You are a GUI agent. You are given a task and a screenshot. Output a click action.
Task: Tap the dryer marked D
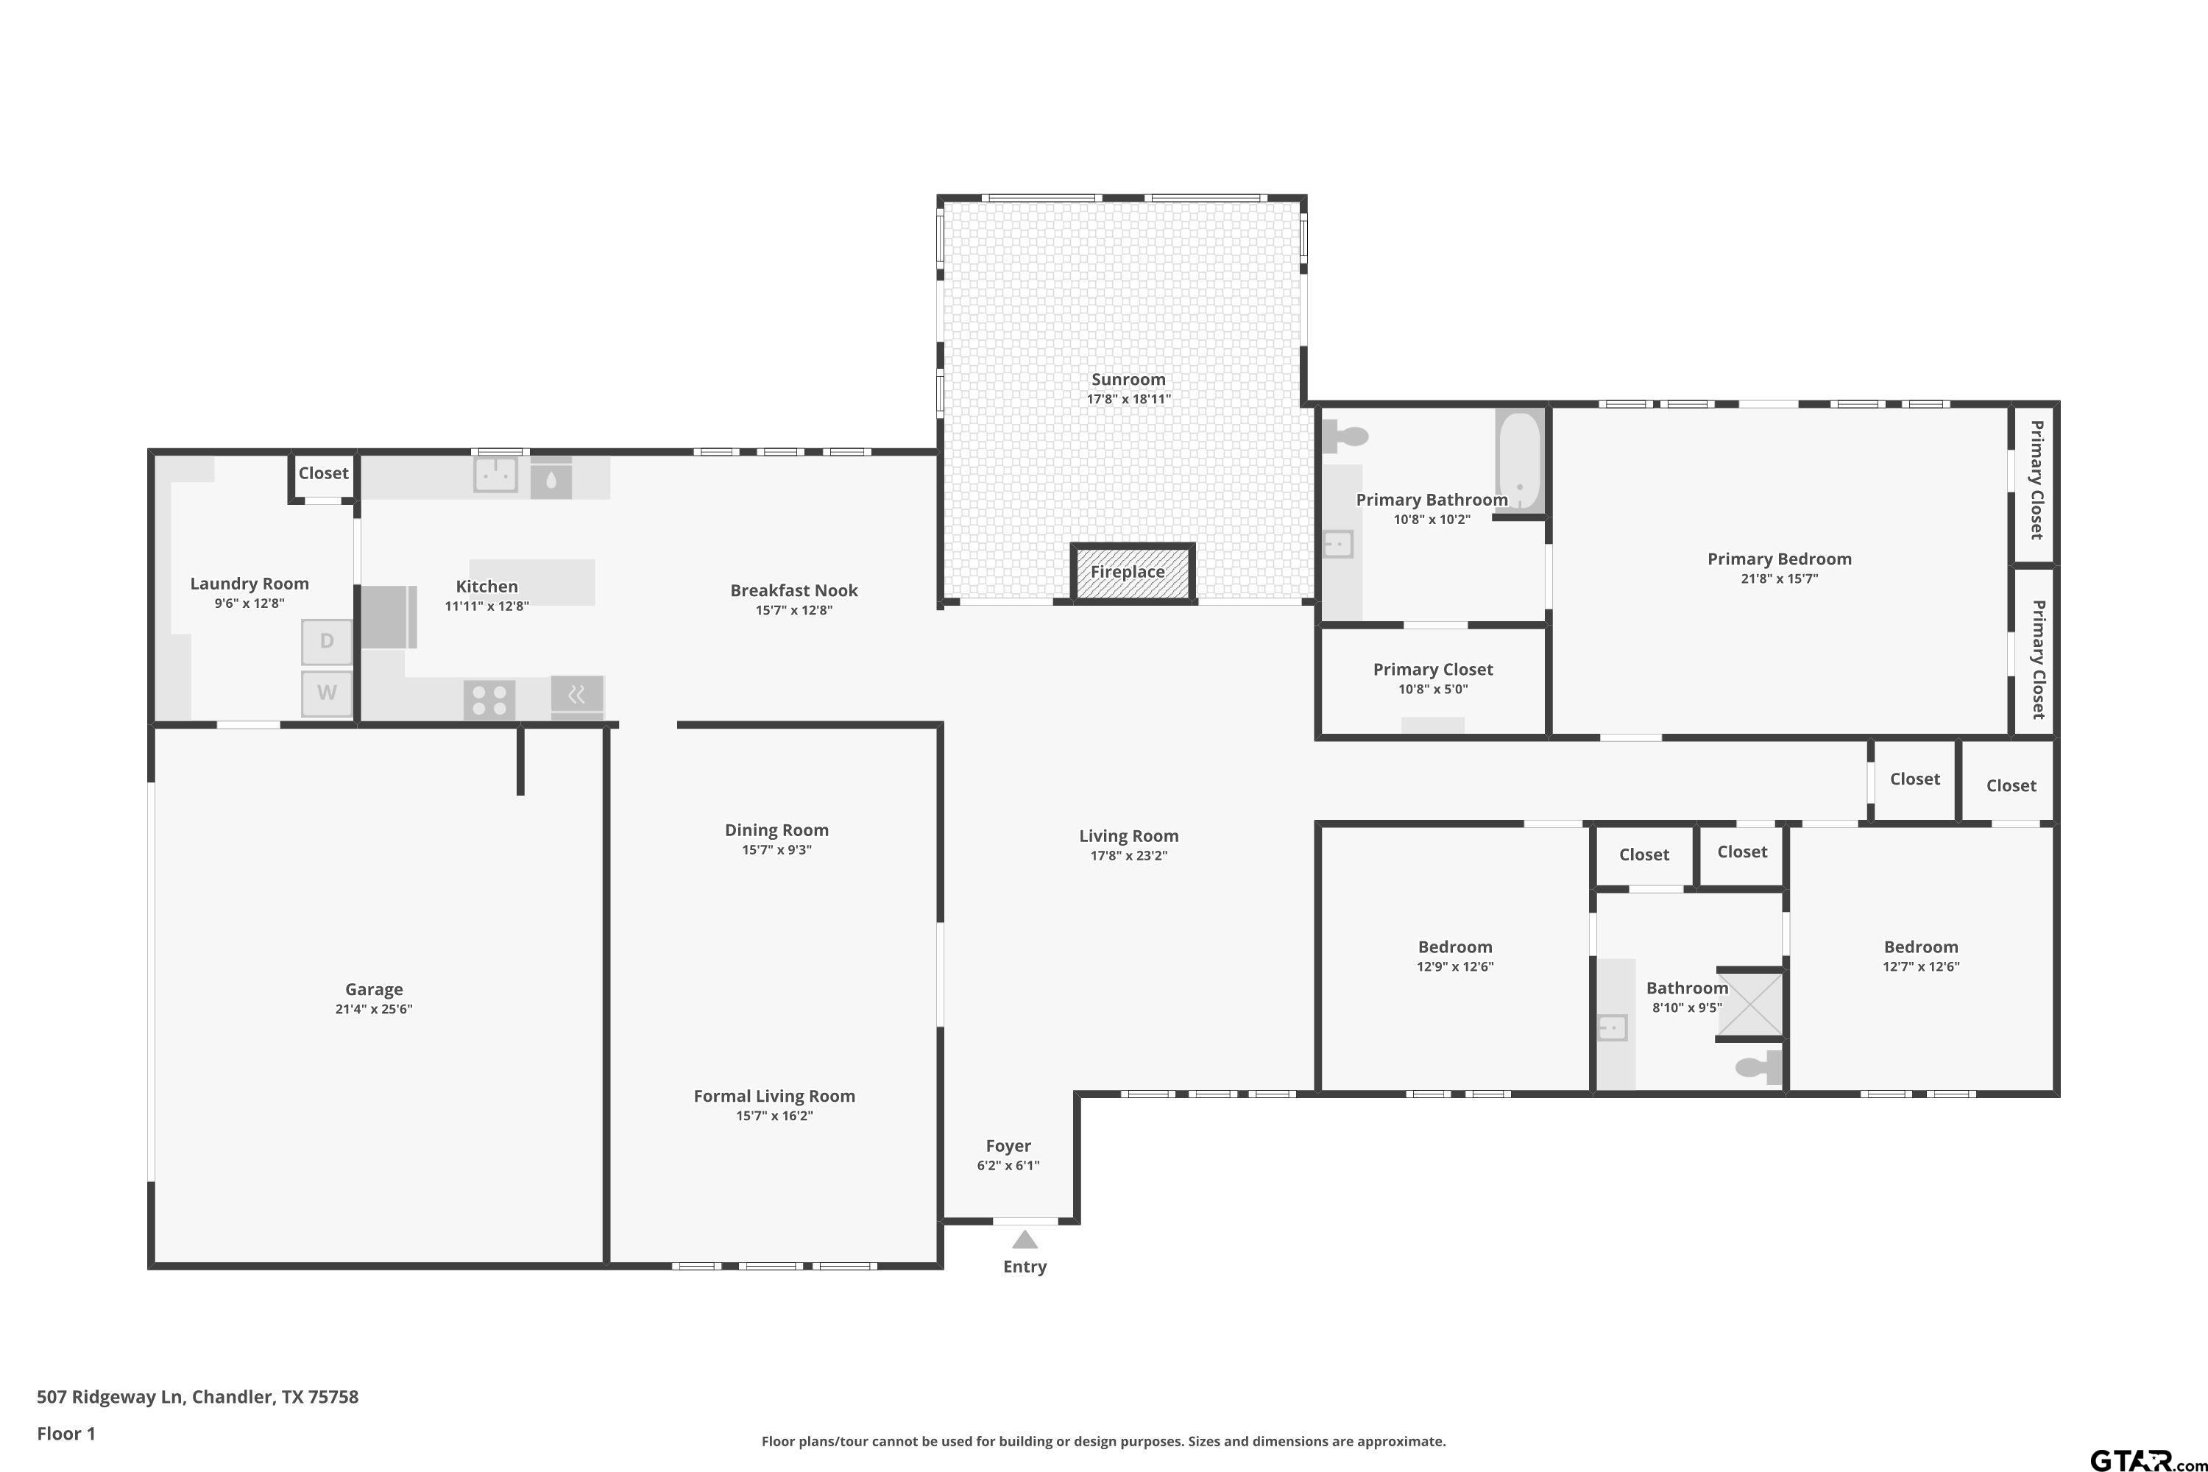(327, 641)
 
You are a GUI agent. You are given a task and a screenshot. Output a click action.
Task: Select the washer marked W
(327, 693)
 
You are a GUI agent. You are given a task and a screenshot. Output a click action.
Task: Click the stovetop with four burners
(489, 699)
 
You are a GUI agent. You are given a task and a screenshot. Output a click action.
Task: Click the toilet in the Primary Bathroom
(1345, 436)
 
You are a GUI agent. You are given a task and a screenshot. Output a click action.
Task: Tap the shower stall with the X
(1750, 1005)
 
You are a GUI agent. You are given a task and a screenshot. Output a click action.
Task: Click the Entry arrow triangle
(1025, 1239)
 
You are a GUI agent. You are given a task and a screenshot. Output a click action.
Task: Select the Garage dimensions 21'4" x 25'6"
(374, 1009)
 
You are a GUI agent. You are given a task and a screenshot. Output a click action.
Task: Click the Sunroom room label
(1128, 379)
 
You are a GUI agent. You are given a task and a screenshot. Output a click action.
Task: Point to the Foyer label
(1008, 1146)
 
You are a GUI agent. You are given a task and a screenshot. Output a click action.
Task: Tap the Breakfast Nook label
(794, 590)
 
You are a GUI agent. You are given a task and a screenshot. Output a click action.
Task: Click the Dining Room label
(776, 830)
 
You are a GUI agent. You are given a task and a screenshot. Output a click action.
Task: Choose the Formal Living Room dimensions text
(774, 1117)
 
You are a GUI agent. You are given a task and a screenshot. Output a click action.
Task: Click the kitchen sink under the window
(495, 475)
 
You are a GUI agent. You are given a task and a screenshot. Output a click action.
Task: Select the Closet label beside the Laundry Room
(323, 473)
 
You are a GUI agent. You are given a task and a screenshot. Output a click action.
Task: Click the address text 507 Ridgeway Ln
(109, 1397)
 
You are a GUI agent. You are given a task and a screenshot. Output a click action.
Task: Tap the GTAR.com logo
(2147, 1459)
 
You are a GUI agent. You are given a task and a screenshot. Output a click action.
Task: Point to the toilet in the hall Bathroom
(1758, 1067)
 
